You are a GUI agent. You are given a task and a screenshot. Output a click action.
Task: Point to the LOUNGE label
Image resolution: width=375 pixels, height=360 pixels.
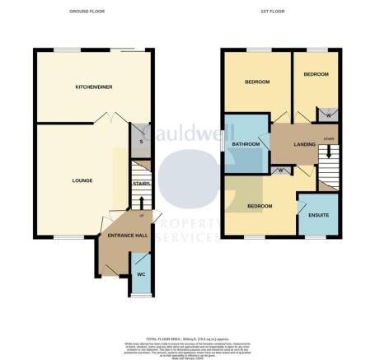click(82, 180)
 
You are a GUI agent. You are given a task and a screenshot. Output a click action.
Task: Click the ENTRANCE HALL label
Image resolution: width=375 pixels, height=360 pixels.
click(122, 236)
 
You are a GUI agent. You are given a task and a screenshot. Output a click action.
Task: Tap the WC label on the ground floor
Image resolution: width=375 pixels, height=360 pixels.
click(141, 274)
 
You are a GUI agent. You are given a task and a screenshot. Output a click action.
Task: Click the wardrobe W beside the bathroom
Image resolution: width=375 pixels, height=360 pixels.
click(282, 171)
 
